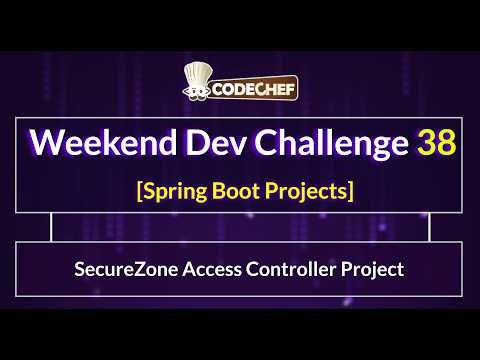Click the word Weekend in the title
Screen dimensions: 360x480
96,143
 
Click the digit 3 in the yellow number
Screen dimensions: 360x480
427,143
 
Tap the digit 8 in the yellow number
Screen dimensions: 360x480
447,143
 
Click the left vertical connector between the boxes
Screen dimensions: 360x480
52,228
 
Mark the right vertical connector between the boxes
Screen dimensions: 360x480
428,228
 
